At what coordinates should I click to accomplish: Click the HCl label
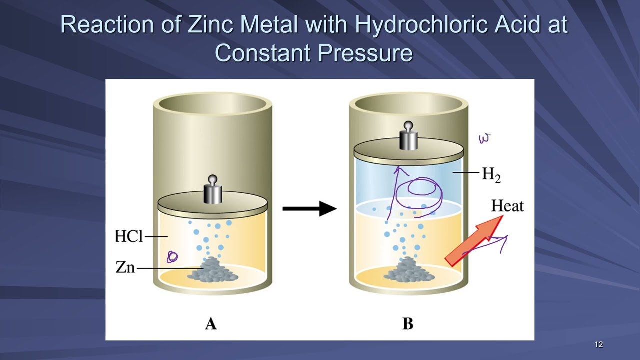pyautogui.click(x=129, y=236)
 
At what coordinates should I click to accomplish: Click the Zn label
pyautogui.click(x=125, y=267)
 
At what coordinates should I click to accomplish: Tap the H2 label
pyautogui.click(x=491, y=174)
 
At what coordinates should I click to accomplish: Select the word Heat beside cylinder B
pyautogui.click(x=507, y=206)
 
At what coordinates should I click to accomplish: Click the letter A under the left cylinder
pyautogui.click(x=211, y=324)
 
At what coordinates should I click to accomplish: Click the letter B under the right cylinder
pyautogui.click(x=408, y=324)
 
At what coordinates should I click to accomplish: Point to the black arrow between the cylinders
pyautogui.click(x=310, y=209)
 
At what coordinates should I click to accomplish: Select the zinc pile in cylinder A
pyautogui.click(x=213, y=270)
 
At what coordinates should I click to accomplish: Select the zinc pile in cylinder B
pyautogui.click(x=409, y=269)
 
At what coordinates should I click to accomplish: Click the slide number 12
pyautogui.click(x=599, y=344)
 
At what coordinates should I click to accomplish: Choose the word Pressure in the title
pyautogui.click(x=365, y=53)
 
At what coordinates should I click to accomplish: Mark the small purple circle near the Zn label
pyautogui.click(x=172, y=257)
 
